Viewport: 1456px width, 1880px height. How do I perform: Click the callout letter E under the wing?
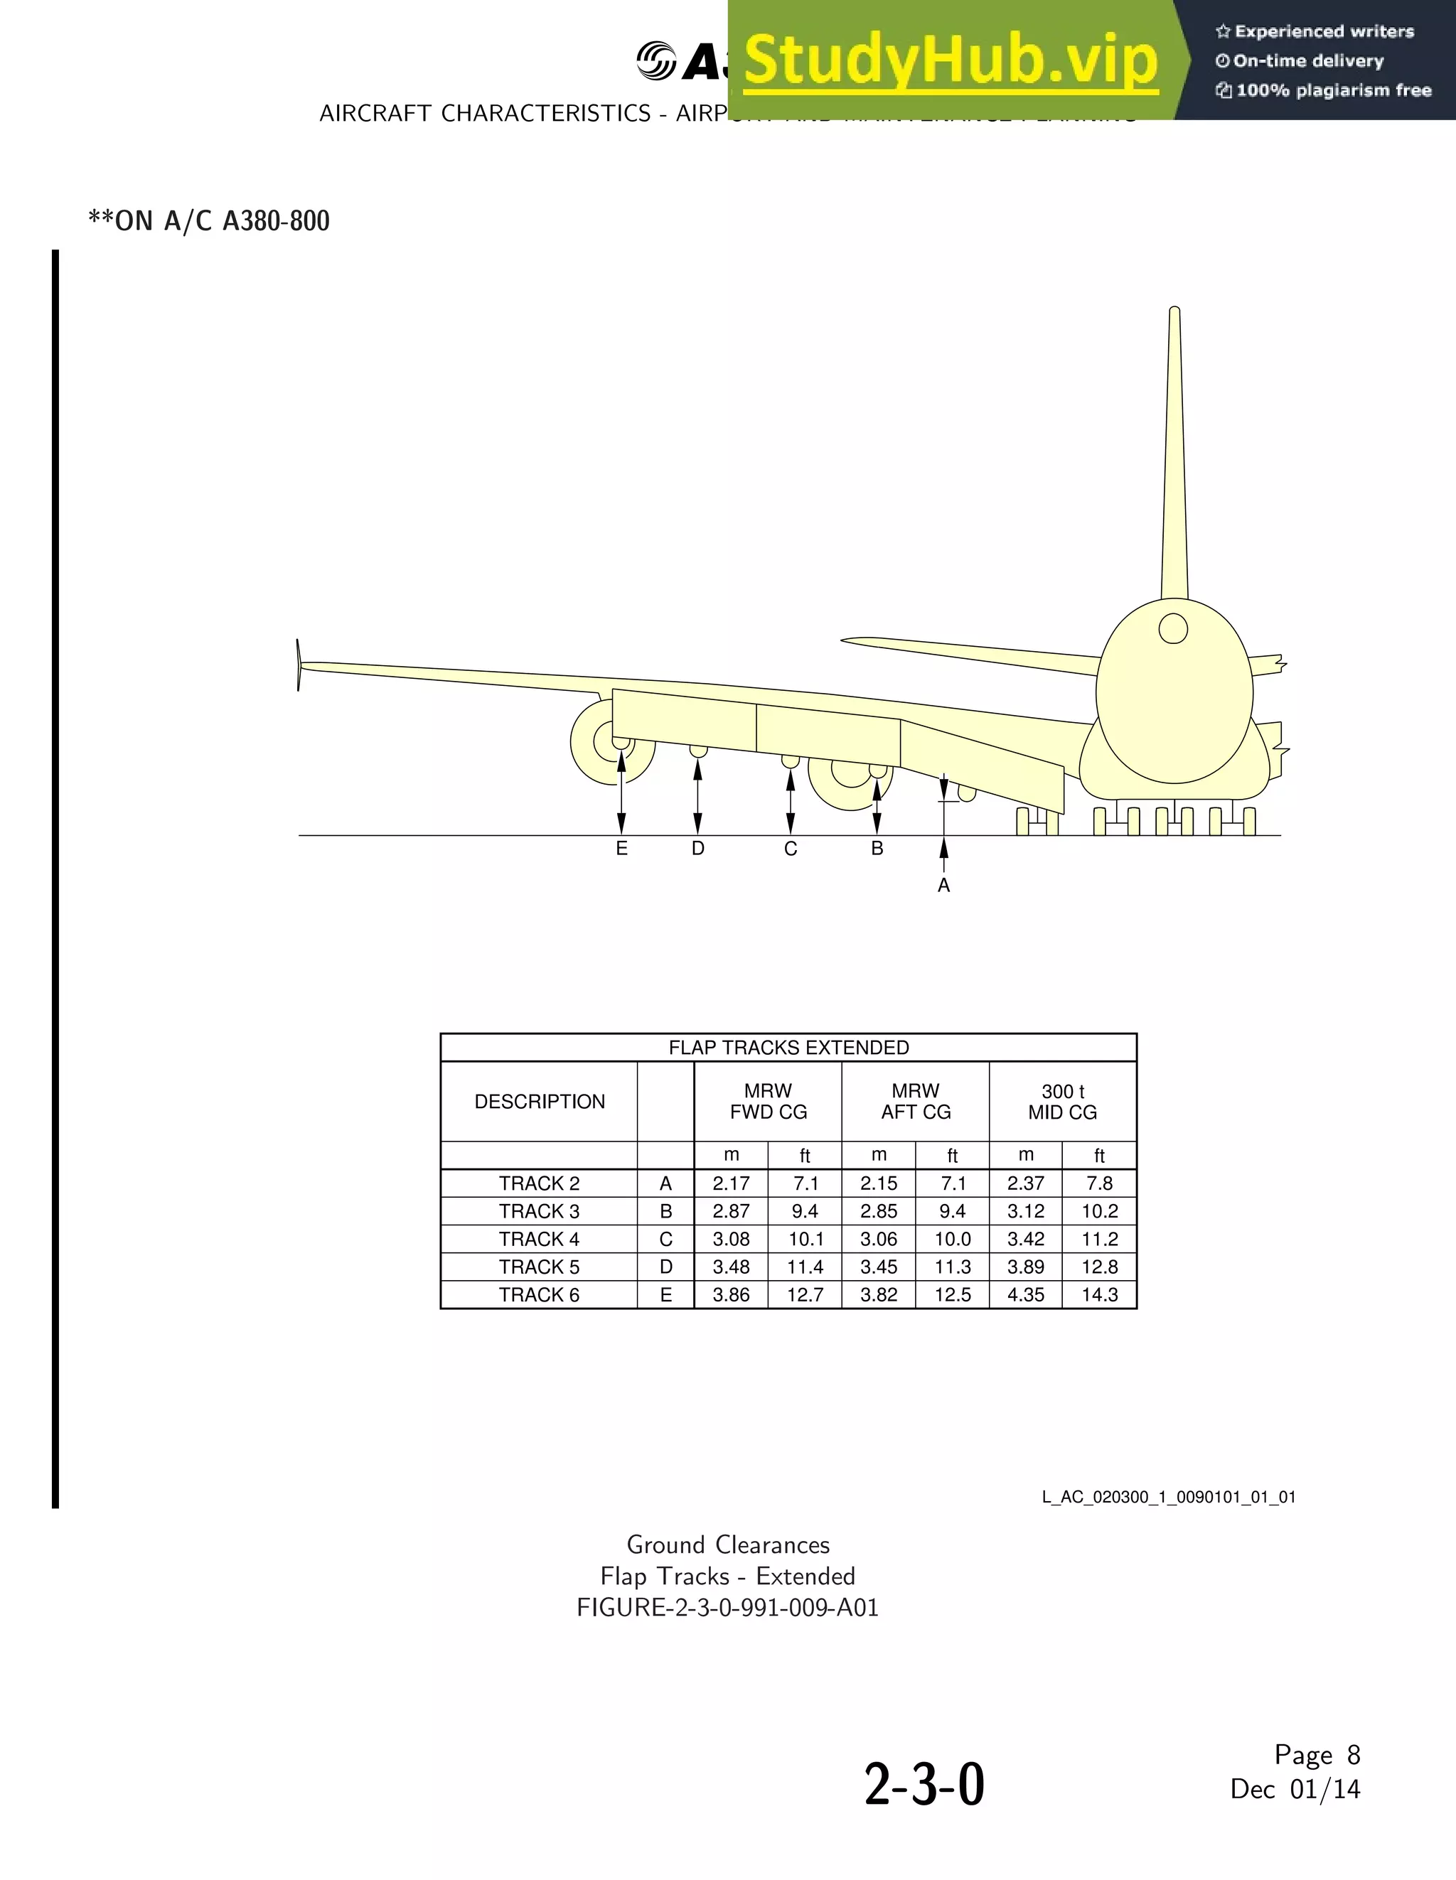621,849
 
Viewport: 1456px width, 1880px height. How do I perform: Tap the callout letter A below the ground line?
943,886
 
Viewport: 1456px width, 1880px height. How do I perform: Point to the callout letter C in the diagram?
791,849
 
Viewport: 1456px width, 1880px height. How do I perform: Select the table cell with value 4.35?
1025,1294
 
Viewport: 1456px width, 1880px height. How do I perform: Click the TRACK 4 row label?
539,1240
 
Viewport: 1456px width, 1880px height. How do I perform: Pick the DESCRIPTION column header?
539,1102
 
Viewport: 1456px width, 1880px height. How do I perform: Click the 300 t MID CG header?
1063,1102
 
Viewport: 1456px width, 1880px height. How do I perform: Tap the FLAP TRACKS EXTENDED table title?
788,1048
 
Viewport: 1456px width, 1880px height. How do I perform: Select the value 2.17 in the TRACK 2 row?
731,1183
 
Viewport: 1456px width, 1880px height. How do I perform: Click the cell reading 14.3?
1100,1294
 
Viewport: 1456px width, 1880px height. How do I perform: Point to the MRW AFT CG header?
915,1102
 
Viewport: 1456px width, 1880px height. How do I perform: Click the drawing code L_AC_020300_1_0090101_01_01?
1168,1497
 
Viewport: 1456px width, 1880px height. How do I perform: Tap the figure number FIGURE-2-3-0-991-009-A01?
727,1607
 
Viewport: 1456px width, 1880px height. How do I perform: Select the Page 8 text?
1317,1754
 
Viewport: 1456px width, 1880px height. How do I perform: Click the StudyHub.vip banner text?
950,60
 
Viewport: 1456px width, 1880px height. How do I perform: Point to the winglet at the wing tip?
299,665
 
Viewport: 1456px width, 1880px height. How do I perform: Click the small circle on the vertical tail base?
1173,628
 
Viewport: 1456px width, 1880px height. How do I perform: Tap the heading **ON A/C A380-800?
209,221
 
